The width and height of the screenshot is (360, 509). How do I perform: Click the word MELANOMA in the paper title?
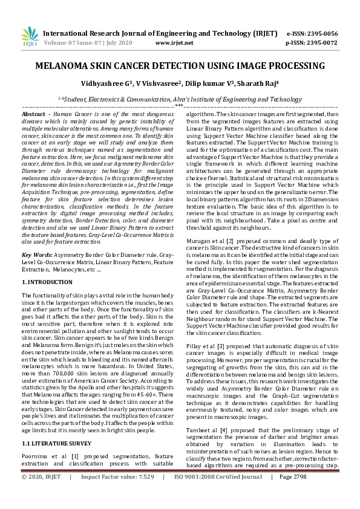coord(63,66)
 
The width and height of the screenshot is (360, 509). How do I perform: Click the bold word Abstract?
coord(33,114)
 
